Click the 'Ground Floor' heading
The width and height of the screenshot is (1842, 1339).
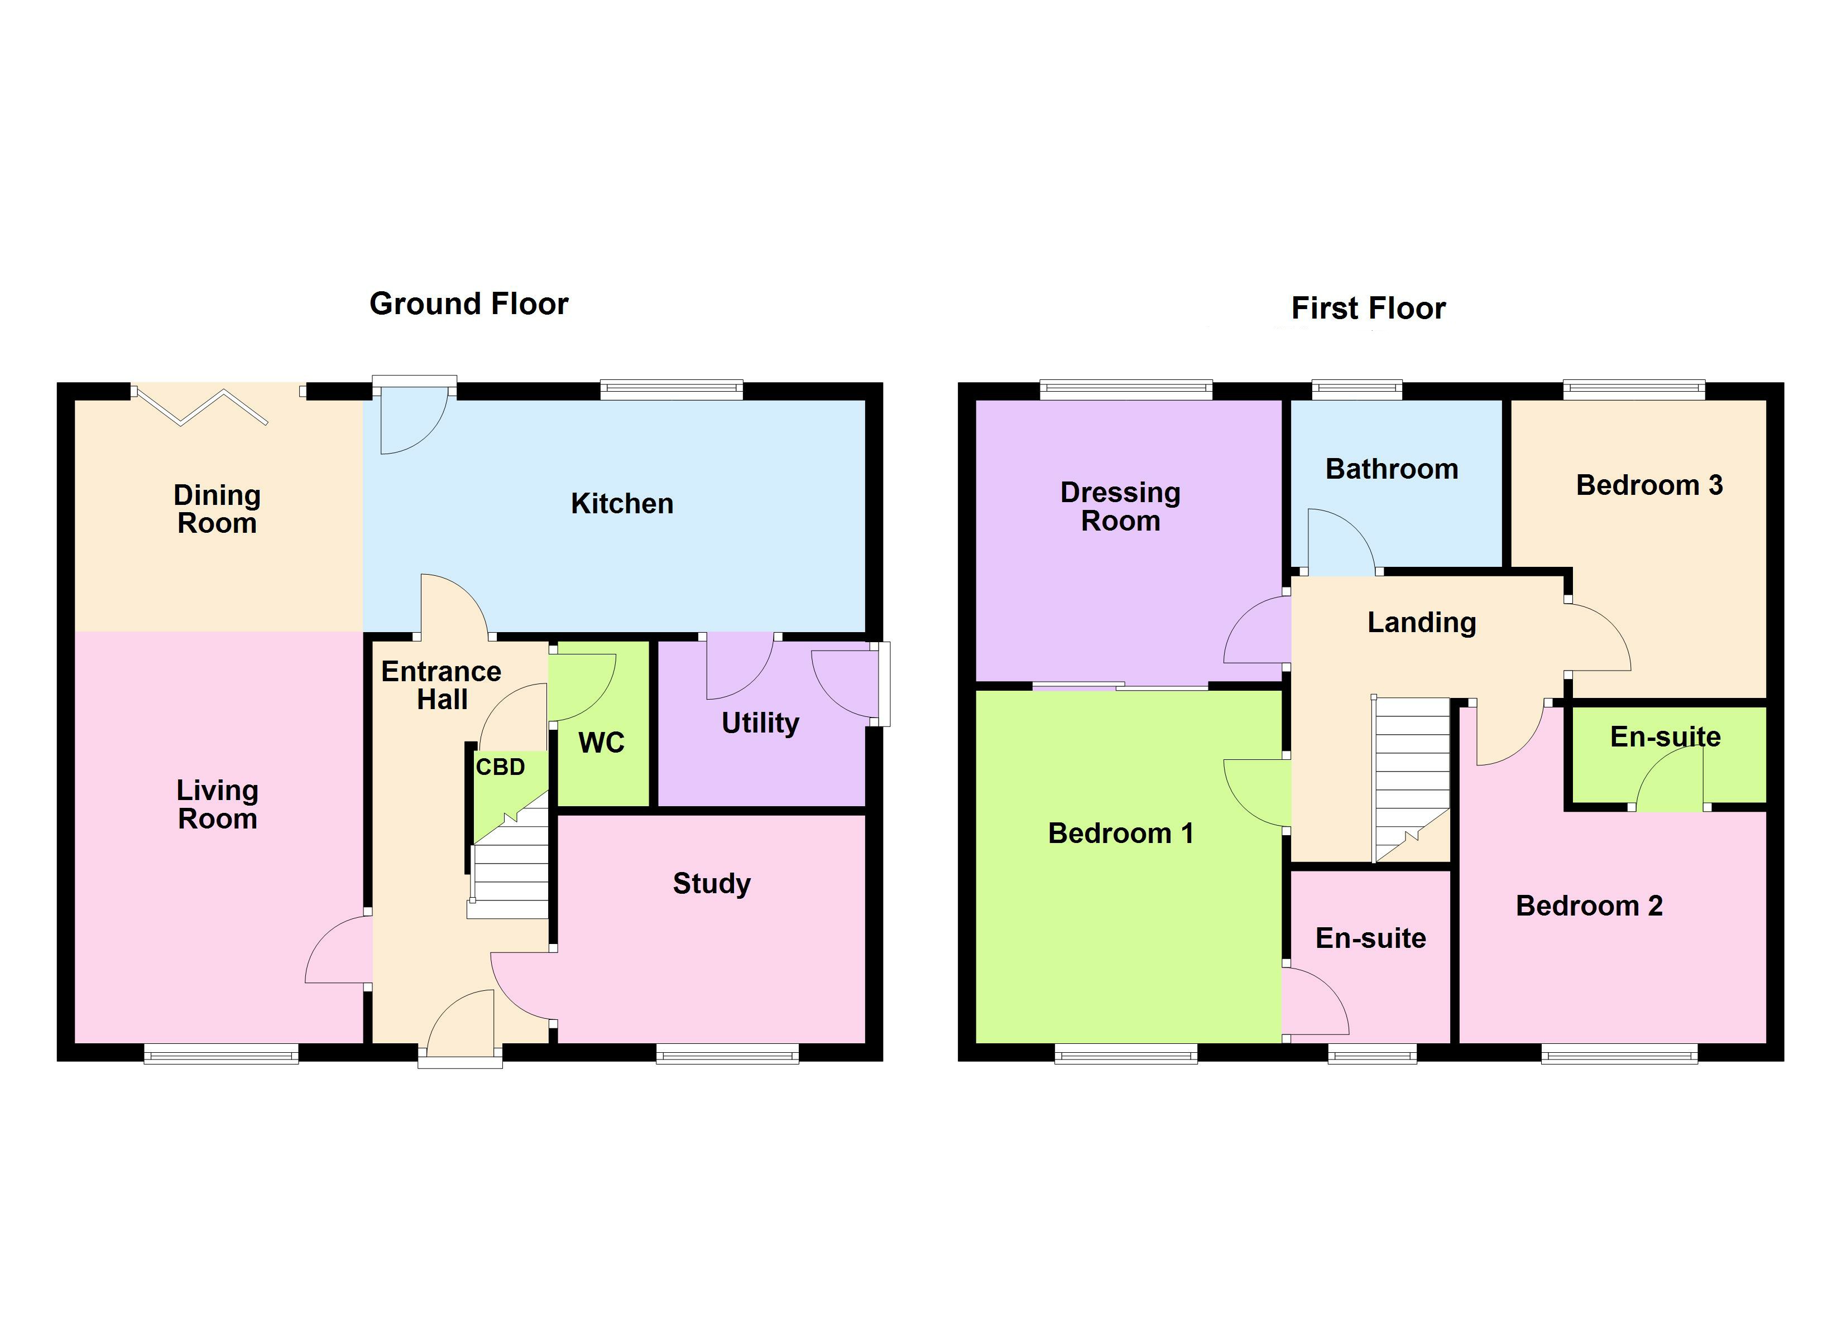[469, 304]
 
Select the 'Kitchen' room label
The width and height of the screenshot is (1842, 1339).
[622, 503]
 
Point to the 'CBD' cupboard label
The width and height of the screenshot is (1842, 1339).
[500, 767]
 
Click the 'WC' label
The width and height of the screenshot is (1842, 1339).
[601, 742]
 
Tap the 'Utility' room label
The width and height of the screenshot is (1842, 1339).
[760, 723]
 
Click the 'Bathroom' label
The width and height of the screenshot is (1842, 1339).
[1391, 469]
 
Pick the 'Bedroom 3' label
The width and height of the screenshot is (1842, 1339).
[1649, 485]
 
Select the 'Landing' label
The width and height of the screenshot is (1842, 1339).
[1421, 622]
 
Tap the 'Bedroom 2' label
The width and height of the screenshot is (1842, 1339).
[1589, 905]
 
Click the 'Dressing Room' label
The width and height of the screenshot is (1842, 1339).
[1120, 506]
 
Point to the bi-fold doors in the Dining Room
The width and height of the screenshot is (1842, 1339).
[203, 406]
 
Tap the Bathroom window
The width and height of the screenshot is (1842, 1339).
[1356, 390]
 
